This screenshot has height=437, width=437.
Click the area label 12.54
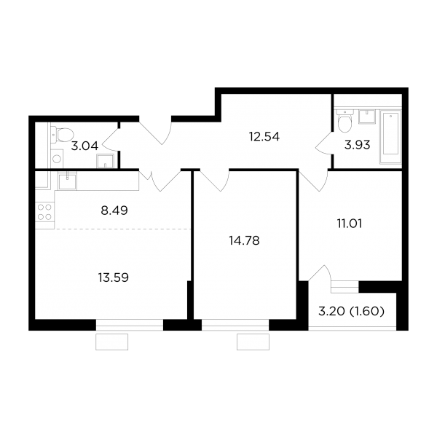(x=264, y=137)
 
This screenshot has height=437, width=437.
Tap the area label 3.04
(x=84, y=146)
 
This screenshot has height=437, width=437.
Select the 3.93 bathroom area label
(x=358, y=145)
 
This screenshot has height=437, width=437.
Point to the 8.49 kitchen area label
(x=114, y=210)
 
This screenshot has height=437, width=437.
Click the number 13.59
(x=113, y=277)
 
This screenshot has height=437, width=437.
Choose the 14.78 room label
(x=244, y=240)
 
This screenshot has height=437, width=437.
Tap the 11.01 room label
(x=350, y=224)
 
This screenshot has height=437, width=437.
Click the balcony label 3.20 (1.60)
(x=351, y=311)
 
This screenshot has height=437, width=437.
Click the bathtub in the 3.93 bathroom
(x=390, y=137)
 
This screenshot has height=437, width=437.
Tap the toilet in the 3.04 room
(x=61, y=134)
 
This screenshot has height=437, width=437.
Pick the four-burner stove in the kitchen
(x=44, y=211)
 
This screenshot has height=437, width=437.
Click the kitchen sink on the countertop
(x=67, y=181)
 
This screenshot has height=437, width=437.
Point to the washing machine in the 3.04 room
(x=57, y=159)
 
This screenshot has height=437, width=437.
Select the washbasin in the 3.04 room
(x=105, y=161)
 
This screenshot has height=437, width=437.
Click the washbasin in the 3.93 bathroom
(x=367, y=117)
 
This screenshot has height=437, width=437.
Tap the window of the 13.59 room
(x=130, y=325)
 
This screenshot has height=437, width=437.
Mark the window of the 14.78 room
(x=235, y=325)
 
